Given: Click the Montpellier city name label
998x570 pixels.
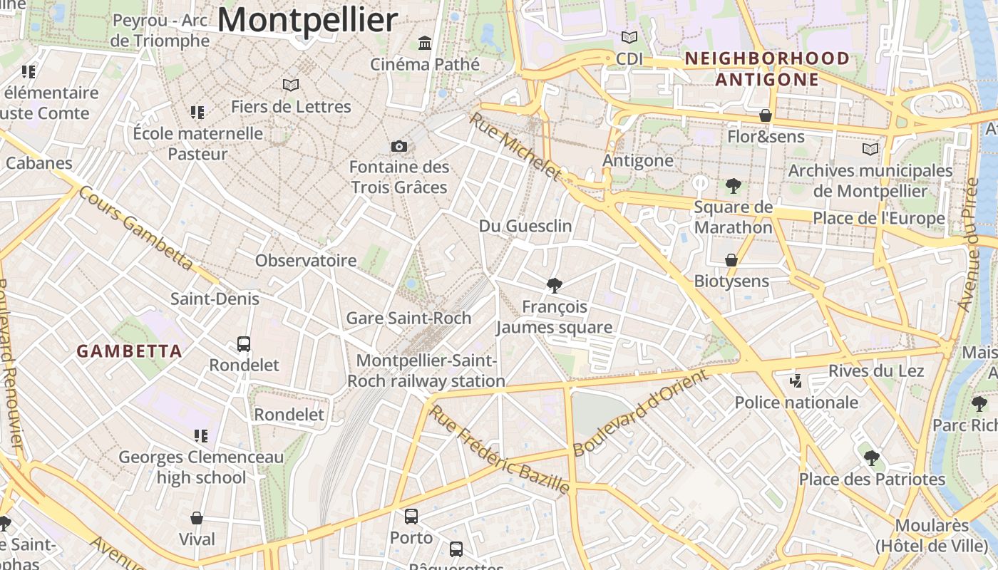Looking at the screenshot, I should pyautogui.click(x=307, y=21).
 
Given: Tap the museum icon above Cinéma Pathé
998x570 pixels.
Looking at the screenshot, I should pyautogui.click(x=426, y=43).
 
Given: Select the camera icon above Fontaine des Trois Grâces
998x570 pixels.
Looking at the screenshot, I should pyautogui.click(x=399, y=146).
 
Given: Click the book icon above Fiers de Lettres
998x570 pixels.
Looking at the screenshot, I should pyautogui.click(x=290, y=85).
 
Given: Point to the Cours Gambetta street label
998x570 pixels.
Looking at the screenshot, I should pyautogui.click(x=135, y=229).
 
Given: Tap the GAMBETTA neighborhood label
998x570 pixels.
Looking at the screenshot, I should pyautogui.click(x=129, y=351).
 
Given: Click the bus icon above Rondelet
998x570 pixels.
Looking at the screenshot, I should pyautogui.click(x=244, y=344).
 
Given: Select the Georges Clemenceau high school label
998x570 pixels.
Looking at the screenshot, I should pyautogui.click(x=201, y=467).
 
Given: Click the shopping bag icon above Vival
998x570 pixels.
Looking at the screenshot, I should pyautogui.click(x=197, y=518).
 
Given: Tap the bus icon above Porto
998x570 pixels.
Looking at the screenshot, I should pyautogui.click(x=411, y=517).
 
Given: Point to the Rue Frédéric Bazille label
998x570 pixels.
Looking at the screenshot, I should pyautogui.click(x=500, y=450).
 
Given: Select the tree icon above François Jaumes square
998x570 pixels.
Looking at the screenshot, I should pyautogui.click(x=554, y=286).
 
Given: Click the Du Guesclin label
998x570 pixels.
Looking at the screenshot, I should pyautogui.click(x=525, y=227).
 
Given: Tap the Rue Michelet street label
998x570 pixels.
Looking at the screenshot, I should pyautogui.click(x=515, y=146).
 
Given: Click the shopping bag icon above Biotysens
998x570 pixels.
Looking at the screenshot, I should pyautogui.click(x=731, y=260).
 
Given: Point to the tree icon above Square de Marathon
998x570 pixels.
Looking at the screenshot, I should pyautogui.click(x=733, y=186).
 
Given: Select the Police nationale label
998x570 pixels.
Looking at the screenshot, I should pyautogui.click(x=796, y=403).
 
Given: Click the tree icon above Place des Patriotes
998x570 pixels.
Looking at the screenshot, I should pyautogui.click(x=871, y=458).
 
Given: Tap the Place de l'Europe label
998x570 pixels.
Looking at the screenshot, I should pyautogui.click(x=879, y=219).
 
